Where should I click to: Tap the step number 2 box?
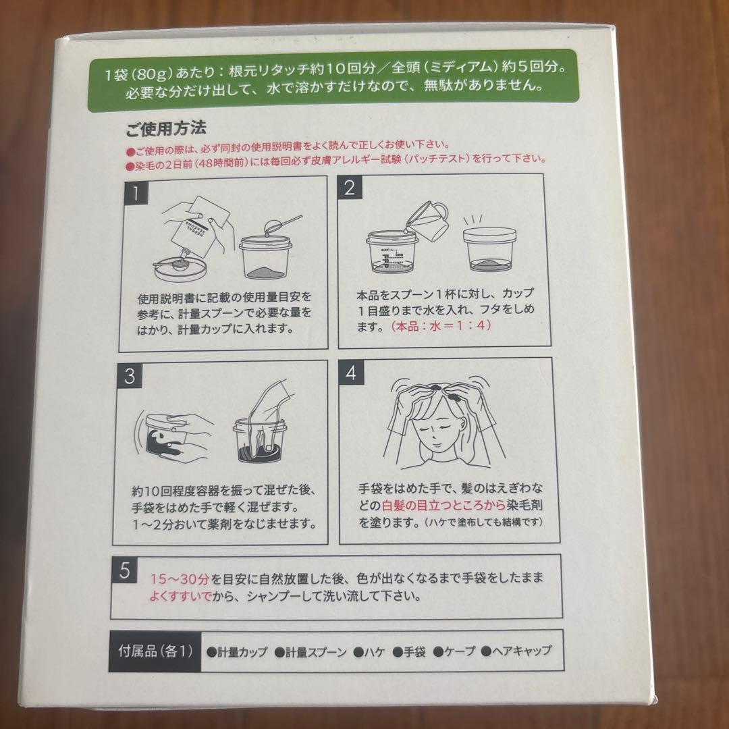click(x=349, y=188)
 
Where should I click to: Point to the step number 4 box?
click(x=351, y=373)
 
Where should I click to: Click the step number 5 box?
click(x=124, y=570)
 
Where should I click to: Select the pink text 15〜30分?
click(x=178, y=579)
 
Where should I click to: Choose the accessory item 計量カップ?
click(x=237, y=652)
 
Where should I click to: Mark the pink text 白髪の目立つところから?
click(x=411, y=506)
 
